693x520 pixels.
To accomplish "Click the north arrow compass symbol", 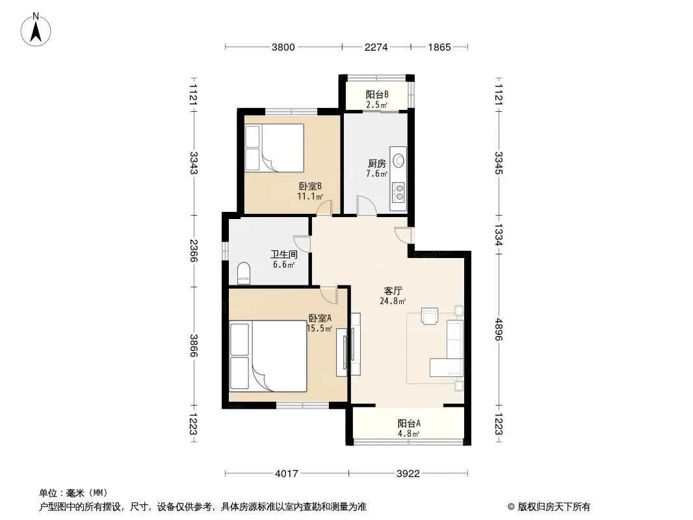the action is click(x=36, y=30).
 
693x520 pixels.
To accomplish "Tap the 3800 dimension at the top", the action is click(x=283, y=47).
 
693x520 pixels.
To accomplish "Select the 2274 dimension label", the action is click(x=376, y=47).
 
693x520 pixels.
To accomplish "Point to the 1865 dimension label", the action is click(x=439, y=47).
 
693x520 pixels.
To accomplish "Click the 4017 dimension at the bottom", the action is click(x=287, y=474).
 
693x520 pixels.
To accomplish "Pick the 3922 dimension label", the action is click(x=408, y=474).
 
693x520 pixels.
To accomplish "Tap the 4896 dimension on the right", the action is click(x=499, y=330).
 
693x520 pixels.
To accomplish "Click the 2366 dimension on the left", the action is click(x=194, y=250).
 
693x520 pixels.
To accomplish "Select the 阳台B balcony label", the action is click(x=377, y=94).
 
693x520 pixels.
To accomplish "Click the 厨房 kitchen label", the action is click(x=377, y=164).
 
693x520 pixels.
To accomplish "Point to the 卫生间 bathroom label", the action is click(x=283, y=255).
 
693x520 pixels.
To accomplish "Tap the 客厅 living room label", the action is click(x=393, y=291).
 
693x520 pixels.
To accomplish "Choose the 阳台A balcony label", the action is click(x=409, y=423).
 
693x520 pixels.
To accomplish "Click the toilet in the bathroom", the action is click(x=244, y=274).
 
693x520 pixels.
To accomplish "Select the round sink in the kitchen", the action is click(x=399, y=161).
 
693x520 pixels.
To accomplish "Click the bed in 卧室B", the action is click(x=274, y=148).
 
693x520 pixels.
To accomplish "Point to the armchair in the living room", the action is click(x=430, y=315).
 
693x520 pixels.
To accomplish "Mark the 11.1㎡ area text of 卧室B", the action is click(x=310, y=196).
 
